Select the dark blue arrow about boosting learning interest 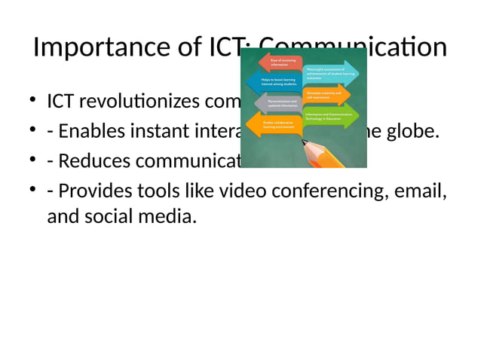coord(277,81)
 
